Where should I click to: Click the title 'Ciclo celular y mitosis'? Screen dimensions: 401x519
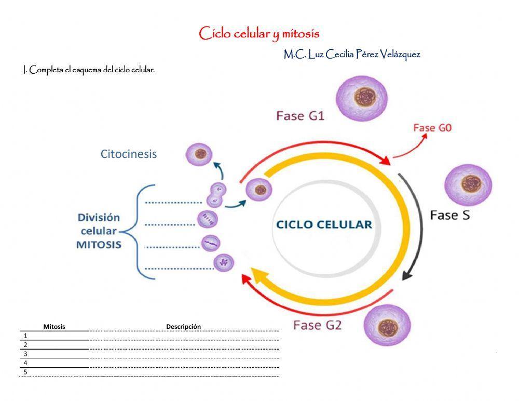coord(259,34)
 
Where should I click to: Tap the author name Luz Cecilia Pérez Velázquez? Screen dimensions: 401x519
coord(351,54)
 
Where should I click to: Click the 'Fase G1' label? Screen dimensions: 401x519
coord(300,116)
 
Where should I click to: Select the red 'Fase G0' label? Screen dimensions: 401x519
coord(432,128)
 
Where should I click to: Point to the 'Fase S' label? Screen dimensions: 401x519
coord(450,215)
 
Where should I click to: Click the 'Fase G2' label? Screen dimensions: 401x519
coord(317,326)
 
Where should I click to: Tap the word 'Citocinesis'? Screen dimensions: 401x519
coord(128,154)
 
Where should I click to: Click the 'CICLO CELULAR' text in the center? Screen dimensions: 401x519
coord(324,225)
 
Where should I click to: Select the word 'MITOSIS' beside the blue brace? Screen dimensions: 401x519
coord(99,244)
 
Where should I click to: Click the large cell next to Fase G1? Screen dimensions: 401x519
coord(362,97)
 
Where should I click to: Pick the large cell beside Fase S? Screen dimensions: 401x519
coord(468,184)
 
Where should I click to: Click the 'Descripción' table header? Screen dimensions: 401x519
coord(183,326)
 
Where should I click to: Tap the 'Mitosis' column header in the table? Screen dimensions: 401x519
coord(54,326)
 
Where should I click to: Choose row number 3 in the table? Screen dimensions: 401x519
coord(25,354)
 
